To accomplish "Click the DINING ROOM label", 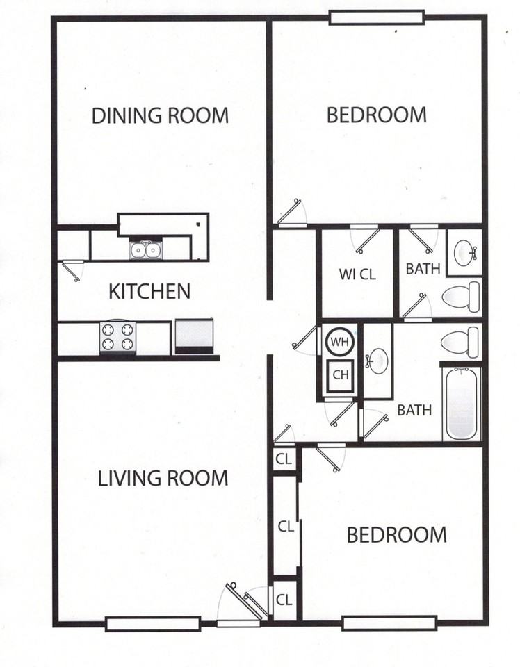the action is (160, 116).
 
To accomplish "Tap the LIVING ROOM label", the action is (163, 478).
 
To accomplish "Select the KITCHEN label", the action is (149, 291).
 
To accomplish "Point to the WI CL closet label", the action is (357, 274).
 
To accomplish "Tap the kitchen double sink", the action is (145, 250).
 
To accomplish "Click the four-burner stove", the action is (118, 338).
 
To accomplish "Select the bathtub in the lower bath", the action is (461, 404).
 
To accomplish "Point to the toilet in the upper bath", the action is (460, 296).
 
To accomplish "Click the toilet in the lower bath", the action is (460, 342).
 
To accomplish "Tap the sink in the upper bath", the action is (464, 252).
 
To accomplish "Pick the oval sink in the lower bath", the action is (377, 361).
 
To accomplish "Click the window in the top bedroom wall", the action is (377, 17).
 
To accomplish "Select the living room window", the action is (153, 624).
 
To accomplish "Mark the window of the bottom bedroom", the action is (389, 623).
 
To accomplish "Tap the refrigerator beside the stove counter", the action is (194, 336).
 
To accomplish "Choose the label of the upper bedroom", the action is (377, 115).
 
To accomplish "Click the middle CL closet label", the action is (286, 527).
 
